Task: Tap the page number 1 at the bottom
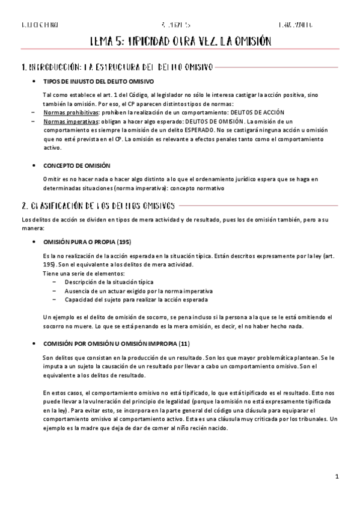pyautogui.click(x=337, y=476)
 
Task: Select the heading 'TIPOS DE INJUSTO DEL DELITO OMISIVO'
pyautogui.click(x=99, y=81)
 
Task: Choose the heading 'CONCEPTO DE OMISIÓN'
pyautogui.click(x=76, y=165)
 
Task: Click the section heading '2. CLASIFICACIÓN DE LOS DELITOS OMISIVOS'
pyautogui.click(x=98, y=204)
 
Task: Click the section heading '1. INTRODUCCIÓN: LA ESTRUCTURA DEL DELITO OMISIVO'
pyautogui.click(x=117, y=67)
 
